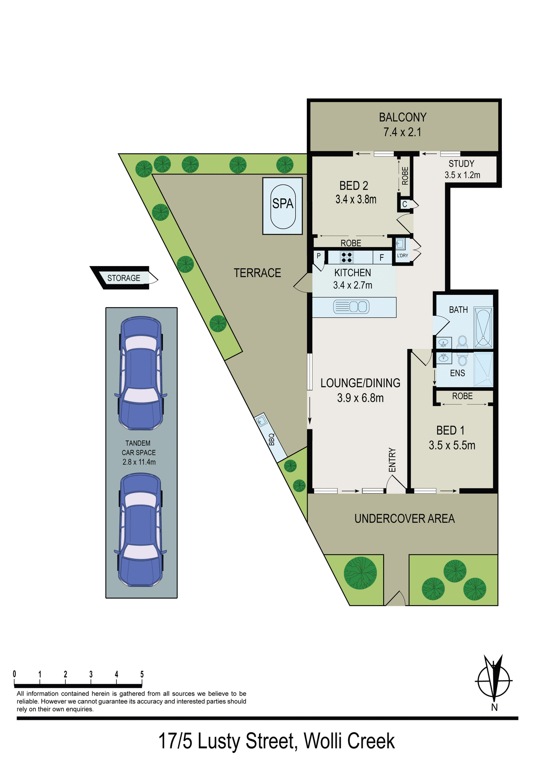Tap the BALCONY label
pos(403,117)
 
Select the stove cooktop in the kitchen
pos(347,257)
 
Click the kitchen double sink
pos(351,307)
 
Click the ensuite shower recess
pos(483,369)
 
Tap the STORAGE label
pos(124,278)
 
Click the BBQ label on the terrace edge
pos(271,439)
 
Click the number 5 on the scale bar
pos(142,674)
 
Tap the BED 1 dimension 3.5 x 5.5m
pos(452,446)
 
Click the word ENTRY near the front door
pos(392,460)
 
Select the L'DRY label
pos(403,255)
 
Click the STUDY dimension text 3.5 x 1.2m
pos(462,175)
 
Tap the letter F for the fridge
pos(382,258)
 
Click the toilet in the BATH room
pos(462,341)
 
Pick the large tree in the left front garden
pos(360,573)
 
